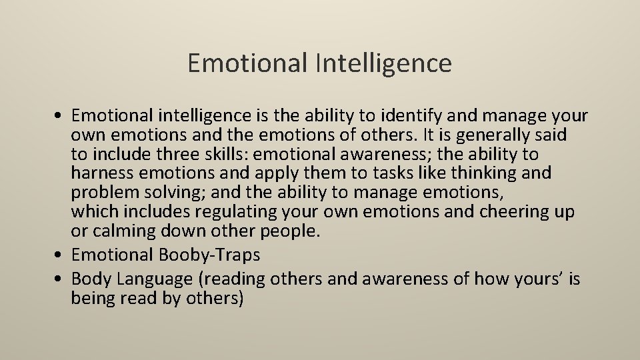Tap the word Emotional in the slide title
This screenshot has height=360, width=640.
click(245, 63)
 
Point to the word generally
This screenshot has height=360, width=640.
click(481, 135)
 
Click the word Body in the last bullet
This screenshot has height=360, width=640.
click(90, 278)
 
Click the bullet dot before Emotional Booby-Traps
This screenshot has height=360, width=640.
click(61, 255)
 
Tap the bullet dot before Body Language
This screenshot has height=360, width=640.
click(61, 278)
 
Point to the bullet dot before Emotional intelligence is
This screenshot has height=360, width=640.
click(61, 116)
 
